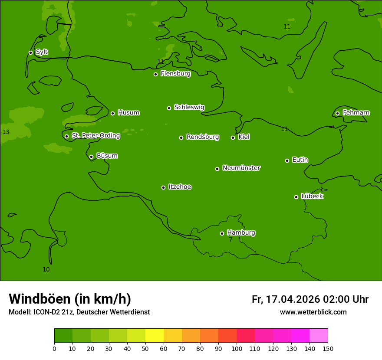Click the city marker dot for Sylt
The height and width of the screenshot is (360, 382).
tap(30, 52)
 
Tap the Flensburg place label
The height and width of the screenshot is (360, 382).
tap(175, 74)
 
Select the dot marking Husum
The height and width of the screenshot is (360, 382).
tap(112, 113)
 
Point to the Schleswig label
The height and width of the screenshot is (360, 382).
tap(189, 107)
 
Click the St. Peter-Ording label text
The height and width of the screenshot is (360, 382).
tap(95, 135)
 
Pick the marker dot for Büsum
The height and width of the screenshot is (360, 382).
tap(91, 157)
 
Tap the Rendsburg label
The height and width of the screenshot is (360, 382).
tap(202, 137)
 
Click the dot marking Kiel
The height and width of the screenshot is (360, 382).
tap(233, 137)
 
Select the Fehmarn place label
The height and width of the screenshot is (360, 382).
tap(356, 113)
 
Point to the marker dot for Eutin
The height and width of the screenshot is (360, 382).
tap(287, 160)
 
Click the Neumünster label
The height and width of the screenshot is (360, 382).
tap(241, 168)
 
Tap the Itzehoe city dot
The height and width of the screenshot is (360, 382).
tap(163, 187)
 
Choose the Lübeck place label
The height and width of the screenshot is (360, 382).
tap(312, 196)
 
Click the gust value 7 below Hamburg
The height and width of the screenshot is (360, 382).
tap(231, 239)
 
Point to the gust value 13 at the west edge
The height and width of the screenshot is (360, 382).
tap(6, 132)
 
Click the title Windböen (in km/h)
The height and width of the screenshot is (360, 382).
tap(70, 299)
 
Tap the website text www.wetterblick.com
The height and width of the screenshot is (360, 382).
tap(313, 312)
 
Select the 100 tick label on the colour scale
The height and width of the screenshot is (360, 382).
tap(237, 348)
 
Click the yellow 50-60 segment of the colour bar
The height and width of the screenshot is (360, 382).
tap(155, 335)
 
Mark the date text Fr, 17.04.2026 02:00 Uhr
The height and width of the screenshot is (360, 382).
tap(310, 299)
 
